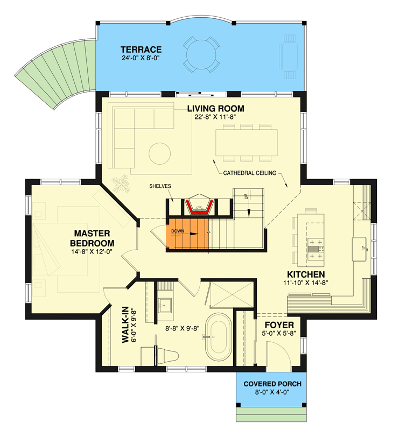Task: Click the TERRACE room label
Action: (x=141, y=40)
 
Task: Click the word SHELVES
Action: (x=160, y=186)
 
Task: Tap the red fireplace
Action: (x=199, y=205)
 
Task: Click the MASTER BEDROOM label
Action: (x=92, y=238)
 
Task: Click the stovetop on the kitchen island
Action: (x=315, y=249)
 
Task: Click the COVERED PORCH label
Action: (x=272, y=384)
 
